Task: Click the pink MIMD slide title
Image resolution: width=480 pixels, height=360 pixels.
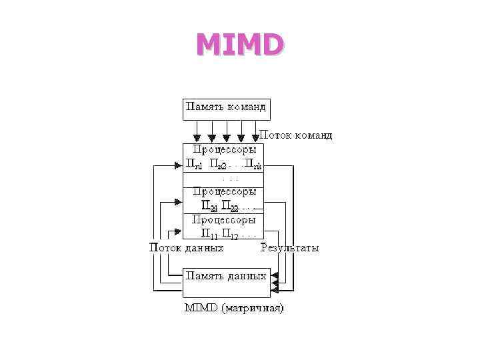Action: pos(239,45)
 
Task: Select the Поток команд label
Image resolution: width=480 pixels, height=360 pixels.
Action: pos(295,135)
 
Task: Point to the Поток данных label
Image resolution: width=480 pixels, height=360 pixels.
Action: pos(185,248)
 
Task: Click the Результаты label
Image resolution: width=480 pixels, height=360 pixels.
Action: pos(289,248)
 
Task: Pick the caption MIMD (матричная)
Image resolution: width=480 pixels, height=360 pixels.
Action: pos(233,308)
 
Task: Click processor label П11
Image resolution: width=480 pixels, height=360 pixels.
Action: pos(209,234)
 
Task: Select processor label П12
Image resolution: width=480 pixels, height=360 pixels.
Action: pos(230,234)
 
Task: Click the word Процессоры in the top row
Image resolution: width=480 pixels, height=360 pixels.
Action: pos(224,150)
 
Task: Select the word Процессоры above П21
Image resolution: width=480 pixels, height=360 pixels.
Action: pos(224,191)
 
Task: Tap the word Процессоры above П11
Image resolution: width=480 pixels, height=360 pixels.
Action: pos(224,219)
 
